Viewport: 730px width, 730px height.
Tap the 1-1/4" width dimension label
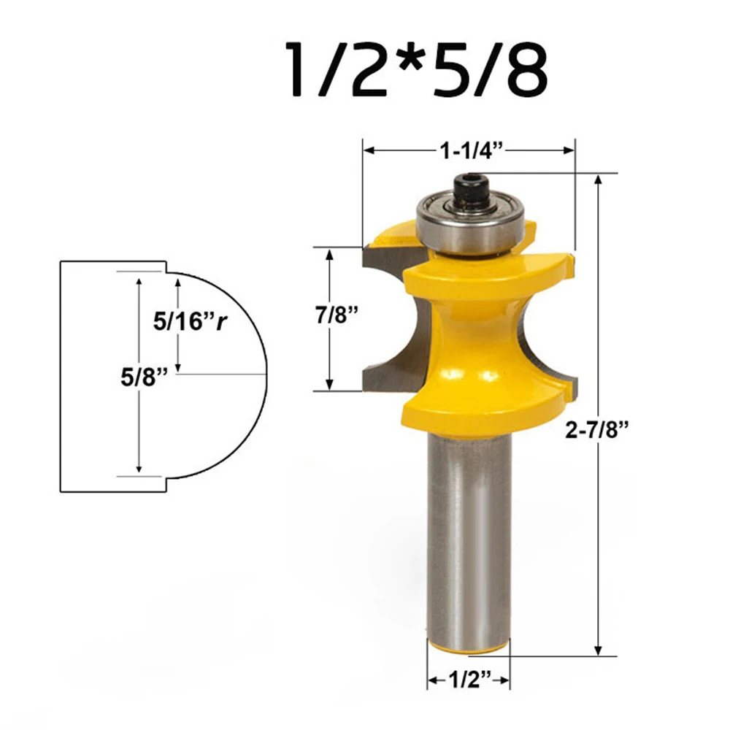(x=472, y=150)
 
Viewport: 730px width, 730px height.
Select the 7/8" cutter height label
(x=337, y=315)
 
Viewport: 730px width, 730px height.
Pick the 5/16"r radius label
(x=191, y=321)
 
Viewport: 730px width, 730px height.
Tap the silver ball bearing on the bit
(x=470, y=223)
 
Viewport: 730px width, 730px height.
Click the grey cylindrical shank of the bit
(x=469, y=535)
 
